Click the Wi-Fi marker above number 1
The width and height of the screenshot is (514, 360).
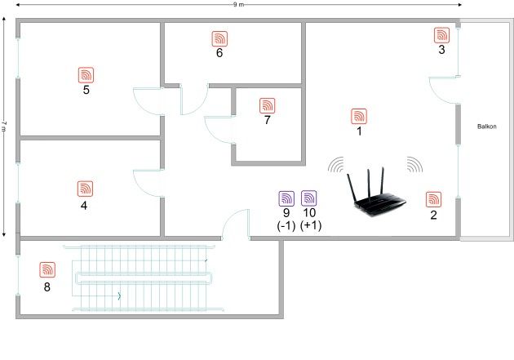(x=359, y=117)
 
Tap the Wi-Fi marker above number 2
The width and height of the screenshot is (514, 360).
(x=434, y=199)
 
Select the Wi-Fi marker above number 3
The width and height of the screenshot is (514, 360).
(x=441, y=35)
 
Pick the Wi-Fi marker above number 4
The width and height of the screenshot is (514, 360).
(x=85, y=189)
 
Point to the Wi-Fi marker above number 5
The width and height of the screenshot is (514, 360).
(x=86, y=75)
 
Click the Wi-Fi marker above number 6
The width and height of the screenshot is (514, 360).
(x=219, y=38)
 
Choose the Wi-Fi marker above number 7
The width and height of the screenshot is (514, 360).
(x=267, y=105)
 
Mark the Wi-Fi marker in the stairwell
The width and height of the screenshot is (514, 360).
(x=47, y=270)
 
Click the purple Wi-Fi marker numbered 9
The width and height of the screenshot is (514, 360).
(x=286, y=198)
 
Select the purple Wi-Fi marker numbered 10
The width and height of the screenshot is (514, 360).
(x=308, y=198)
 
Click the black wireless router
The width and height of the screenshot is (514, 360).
(x=376, y=193)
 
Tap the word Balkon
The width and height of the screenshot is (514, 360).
(x=487, y=127)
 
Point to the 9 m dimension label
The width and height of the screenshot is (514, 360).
(x=238, y=5)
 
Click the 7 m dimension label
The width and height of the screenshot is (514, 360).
(x=4, y=127)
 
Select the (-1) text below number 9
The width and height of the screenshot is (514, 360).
(x=286, y=225)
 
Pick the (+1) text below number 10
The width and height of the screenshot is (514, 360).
(x=311, y=225)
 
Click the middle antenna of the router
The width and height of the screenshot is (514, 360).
(x=369, y=183)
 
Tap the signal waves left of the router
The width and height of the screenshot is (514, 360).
(x=336, y=164)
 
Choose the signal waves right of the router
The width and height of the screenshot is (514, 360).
(x=414, y=164)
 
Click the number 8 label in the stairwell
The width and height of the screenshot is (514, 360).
(x=47, y=287)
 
